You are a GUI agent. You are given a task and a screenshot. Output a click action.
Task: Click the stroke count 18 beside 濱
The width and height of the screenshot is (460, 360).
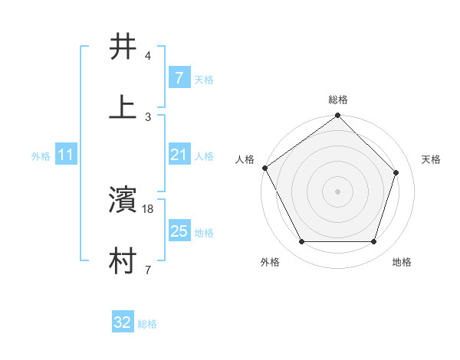click(x=149, y=208)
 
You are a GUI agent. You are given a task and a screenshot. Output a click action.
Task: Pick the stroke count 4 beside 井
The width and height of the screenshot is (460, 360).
click(x=148, y=56)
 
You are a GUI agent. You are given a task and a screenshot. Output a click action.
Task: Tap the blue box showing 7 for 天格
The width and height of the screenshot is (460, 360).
click(x=179, y=78)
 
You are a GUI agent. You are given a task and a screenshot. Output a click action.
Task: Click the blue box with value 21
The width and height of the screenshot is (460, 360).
click(x=179, y=155)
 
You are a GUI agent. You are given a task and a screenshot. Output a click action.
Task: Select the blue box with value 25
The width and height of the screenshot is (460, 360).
click(x=179, y=231)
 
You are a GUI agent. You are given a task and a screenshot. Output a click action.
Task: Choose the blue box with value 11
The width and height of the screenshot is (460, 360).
click(x=65, y=155)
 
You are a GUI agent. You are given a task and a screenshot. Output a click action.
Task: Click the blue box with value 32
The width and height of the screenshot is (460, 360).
click(x=123, y=322)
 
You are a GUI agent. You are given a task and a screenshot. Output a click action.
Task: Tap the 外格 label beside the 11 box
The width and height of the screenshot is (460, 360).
click(x=41, y=156)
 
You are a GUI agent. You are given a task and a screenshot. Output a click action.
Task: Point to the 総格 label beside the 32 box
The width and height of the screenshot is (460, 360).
click(x=147, y=324)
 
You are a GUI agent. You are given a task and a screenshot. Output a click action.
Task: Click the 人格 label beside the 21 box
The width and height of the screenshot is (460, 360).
click(x=204, y=156)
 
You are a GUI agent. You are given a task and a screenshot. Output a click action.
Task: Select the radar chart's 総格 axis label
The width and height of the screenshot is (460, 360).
click(x=338, y=100)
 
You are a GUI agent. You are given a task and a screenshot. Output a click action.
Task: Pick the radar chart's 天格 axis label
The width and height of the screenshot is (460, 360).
click(x=432, y=160)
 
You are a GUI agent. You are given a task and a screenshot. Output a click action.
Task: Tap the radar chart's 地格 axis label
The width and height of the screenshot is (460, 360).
click(x=402, y=263)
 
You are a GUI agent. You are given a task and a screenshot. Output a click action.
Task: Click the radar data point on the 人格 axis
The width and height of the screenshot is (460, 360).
click(x=265, y=168)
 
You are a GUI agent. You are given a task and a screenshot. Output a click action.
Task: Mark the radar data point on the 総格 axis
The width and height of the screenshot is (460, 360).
click(x=338, y=116)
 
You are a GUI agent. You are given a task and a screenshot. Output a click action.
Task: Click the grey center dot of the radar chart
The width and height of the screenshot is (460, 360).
click(x=338, y=191)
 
